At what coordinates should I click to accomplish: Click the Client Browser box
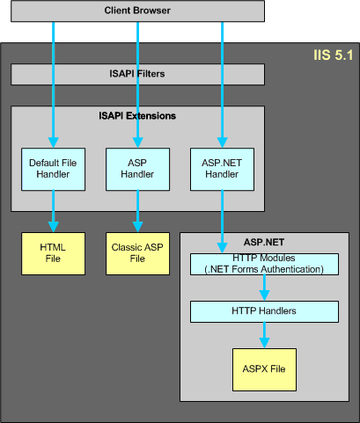click(137, 11)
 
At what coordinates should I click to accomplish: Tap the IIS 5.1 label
click(334, 55)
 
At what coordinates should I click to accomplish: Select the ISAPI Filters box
click(137, 75)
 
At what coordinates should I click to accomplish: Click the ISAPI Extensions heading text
click(137, 116)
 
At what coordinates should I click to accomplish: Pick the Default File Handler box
click(53, 169)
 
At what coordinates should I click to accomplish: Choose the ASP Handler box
click(137, 169)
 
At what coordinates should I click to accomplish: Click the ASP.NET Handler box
click(222, 169)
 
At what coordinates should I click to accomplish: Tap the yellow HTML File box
click(53, 253)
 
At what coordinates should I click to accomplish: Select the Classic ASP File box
click(137, 253)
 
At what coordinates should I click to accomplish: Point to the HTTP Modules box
click(264, 264)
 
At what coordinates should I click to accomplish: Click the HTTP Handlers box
click(264, 311)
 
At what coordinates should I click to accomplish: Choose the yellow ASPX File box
click(264, 369)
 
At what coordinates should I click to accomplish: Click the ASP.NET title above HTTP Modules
click(264, 243)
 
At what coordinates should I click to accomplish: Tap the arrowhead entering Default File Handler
click(53, 142)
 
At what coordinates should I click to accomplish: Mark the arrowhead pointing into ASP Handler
click(137, 142)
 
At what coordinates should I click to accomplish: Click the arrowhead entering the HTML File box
click(53, 227)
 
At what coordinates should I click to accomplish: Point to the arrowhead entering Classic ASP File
click(137, 227)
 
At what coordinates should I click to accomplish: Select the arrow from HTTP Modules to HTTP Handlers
click(264, 288)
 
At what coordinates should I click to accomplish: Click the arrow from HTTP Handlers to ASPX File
click(264, 335)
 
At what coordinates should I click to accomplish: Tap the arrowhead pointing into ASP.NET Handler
click(222, 142)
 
